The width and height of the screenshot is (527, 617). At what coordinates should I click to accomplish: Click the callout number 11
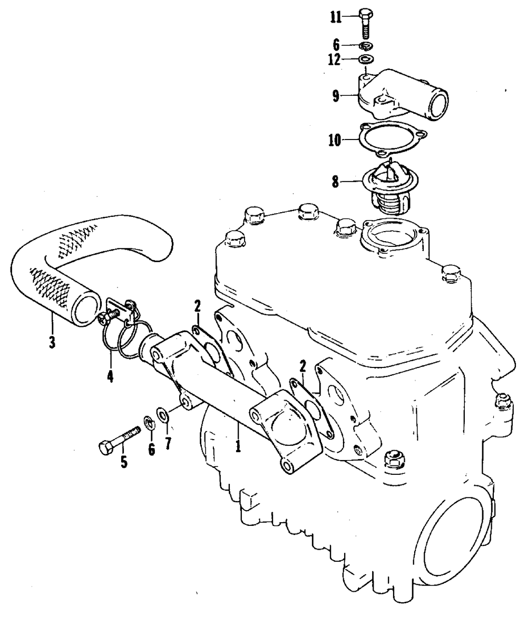[336, 18]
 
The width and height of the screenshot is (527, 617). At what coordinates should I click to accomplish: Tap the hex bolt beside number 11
[366, 25]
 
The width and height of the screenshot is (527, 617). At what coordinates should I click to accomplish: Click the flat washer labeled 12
[366, 59]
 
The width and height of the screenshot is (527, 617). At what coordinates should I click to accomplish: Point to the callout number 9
[336, 96]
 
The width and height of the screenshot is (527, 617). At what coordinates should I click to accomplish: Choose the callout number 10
[335, 140]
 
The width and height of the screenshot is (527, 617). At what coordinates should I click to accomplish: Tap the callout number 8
[335, 182]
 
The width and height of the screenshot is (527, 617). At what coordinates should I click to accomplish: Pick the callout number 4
[110, 376]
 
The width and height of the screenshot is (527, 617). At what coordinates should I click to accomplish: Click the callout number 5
[124, 462]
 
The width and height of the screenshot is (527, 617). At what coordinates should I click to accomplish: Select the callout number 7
[168, 443]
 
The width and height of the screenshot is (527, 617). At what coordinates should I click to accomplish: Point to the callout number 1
[238, 447]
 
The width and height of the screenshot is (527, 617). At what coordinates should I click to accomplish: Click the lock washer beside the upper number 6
[366, 46]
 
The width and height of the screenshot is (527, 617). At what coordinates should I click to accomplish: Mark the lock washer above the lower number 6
[149, 423]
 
